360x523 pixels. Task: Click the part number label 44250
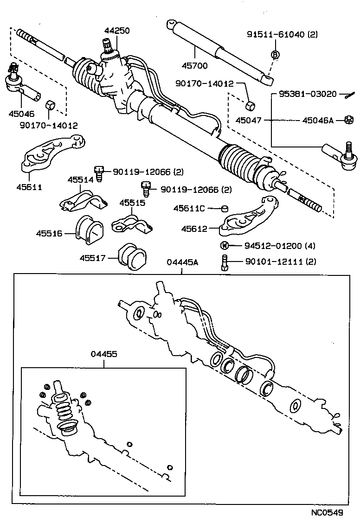point(116,31)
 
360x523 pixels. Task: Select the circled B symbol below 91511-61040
point(275,55)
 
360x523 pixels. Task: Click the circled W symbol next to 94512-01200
point(224,245)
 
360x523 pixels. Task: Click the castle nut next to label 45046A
point(346,121)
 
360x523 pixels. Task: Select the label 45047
point(249,121)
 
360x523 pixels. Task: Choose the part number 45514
point(80,179)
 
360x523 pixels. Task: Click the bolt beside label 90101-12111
point(225,263)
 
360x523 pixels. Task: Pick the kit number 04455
point(104,354)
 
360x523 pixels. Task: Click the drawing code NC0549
point(328,513)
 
